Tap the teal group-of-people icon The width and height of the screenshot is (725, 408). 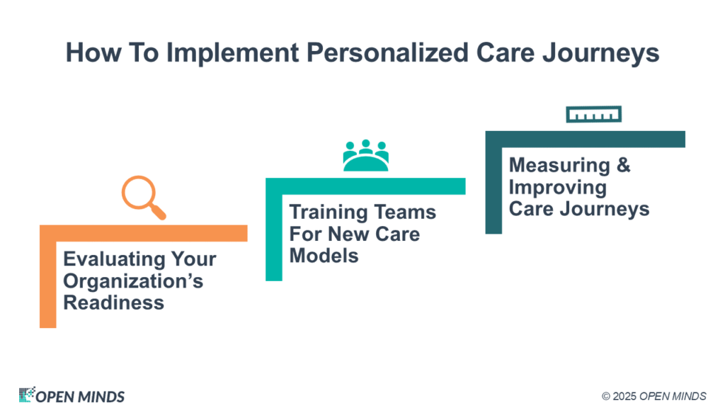pos(366,155)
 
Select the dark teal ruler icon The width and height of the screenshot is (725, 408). pos(594,114)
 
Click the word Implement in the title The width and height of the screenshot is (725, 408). pos(232,52)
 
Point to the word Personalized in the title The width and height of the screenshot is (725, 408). pos(387,52)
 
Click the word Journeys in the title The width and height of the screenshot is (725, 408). pos(600,52)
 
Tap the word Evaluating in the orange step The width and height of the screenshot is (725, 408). pos(114,259)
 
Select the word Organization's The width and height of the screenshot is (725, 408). pos(133,281)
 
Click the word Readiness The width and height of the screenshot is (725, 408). pos(114,302)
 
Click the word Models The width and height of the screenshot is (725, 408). pos(324,255)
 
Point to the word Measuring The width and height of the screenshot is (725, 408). pos(559,166)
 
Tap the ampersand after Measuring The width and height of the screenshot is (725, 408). pos(623,164)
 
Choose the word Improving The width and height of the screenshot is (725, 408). pos(558,188)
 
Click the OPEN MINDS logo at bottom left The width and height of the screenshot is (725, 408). pos(72,395)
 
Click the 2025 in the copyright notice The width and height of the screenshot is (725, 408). pos(624,397)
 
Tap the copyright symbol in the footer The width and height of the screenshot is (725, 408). pos(606,397)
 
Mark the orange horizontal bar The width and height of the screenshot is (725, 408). pos(143,233)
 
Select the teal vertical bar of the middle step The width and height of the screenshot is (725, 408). pos(274,229)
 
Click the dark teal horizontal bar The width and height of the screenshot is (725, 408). pos(586,140)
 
